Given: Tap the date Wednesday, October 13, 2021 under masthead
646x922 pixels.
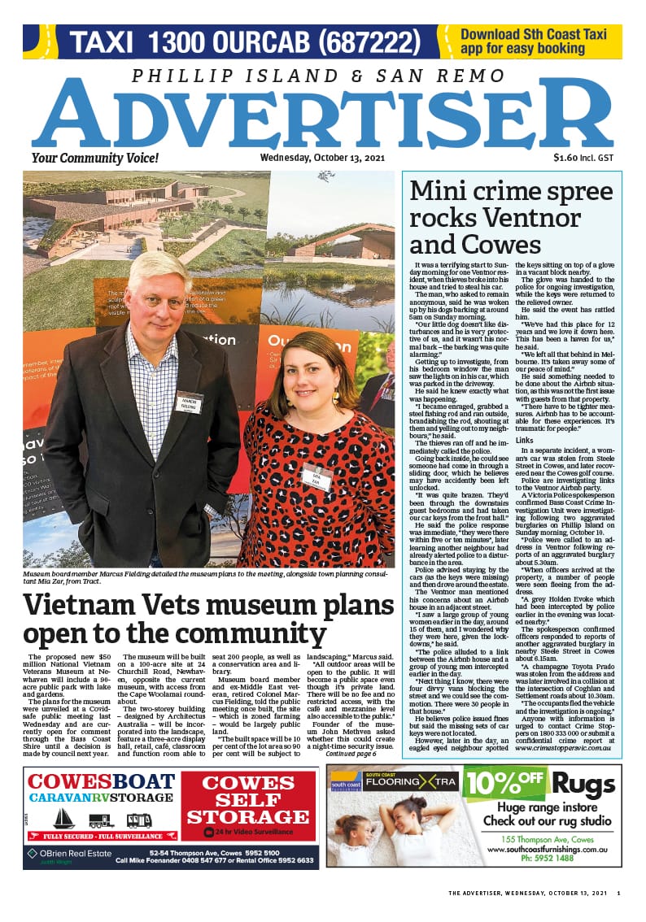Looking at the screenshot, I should point(321,158).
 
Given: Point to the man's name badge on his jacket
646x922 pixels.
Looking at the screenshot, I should point(189,403).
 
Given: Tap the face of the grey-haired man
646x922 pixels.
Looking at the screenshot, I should point(160,294).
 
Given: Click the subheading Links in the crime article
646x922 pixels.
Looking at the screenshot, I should point(525,440).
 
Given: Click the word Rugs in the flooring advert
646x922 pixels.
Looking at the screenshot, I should point(584,786).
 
